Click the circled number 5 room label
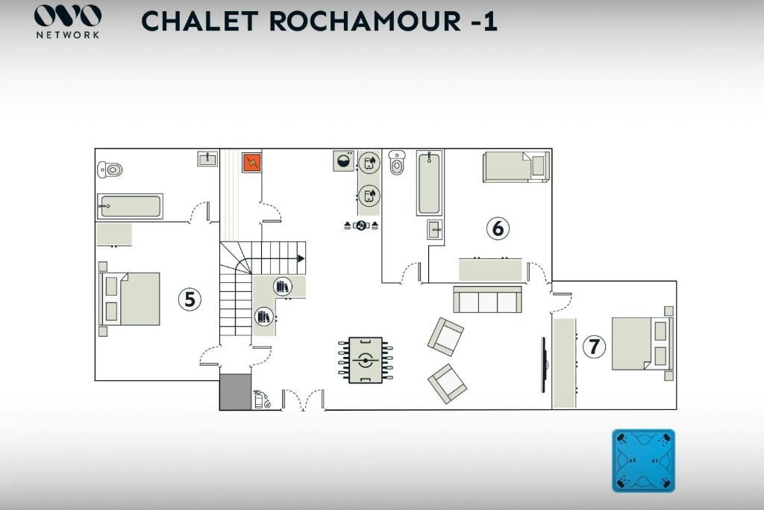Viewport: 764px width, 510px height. pos(190,299)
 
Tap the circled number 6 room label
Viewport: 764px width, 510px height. pos(498,228)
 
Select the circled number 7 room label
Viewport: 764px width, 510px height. pos(594,346)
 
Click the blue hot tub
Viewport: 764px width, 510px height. pos(643,460)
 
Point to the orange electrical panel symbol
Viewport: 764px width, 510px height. pos(251,162)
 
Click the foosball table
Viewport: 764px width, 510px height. pos(365,361)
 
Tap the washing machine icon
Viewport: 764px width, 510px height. pos(344,161)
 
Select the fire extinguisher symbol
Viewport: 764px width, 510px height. pos(261,399)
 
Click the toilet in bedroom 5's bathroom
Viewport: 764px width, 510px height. pos(110,170)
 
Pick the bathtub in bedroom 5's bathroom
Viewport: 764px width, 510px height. pos(130,206)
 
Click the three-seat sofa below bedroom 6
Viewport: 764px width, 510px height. pos(487,299)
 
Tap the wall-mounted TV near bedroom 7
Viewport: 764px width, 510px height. pos(544,364)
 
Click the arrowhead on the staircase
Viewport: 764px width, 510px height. pos(301,258)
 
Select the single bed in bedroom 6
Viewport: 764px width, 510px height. pos(516,167)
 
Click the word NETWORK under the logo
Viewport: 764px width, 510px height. pos(68,34)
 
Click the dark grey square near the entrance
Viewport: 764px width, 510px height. pos(235,392)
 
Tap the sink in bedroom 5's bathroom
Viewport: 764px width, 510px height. pos(207,158)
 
